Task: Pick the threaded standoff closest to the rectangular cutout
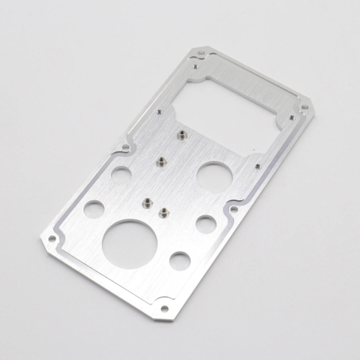click(x=182, y=136)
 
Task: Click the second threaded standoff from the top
click(x=160, y=160)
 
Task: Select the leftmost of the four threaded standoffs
click(x=148, y=202)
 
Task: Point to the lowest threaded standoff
click(x=166, y=212)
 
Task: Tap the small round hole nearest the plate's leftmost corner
click(x=94, y=209)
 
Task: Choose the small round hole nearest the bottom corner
click(x=180, y=261)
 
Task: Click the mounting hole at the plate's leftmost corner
click(x=52, y=239)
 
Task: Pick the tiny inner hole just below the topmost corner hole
click(x=196, y=66)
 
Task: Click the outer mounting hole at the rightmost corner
click(x=305, y=107)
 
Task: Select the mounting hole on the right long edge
click(x=234, y=209)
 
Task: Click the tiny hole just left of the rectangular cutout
click(x=160, y=112)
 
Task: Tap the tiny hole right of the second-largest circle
click(x=257, y=166)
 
